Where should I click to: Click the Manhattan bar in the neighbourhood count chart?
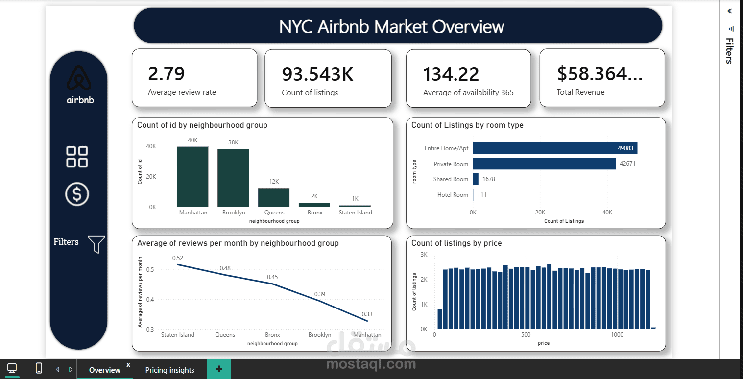tap(192, 177)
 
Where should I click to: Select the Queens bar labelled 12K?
tap(274, 198)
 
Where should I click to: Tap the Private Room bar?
tap(544, 164)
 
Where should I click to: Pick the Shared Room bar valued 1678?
tap(475, 179)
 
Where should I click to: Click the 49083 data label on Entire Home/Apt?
tap(625, 148)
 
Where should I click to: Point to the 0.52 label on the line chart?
tap(178, 258)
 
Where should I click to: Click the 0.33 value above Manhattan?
tap(367, 314)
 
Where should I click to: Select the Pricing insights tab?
tap(170, 370)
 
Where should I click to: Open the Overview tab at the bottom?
tap(104, 370)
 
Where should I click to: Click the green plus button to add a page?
tap(219, 369)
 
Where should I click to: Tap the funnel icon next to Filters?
tap(96, 244)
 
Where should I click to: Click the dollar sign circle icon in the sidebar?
tap(77, 194)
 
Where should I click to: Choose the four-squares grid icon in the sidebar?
tap(77, 157)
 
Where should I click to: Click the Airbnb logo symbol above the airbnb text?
tap(79, 77)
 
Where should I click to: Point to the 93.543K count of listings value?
tap(317, 74)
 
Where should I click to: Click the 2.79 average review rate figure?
tap(166, 73)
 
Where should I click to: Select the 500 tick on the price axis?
tap(526, 335)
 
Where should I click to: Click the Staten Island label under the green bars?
tap(355, 213)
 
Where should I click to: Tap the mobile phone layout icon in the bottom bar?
tap(39, 368)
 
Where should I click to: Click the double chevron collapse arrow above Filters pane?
tap(729, 11)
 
